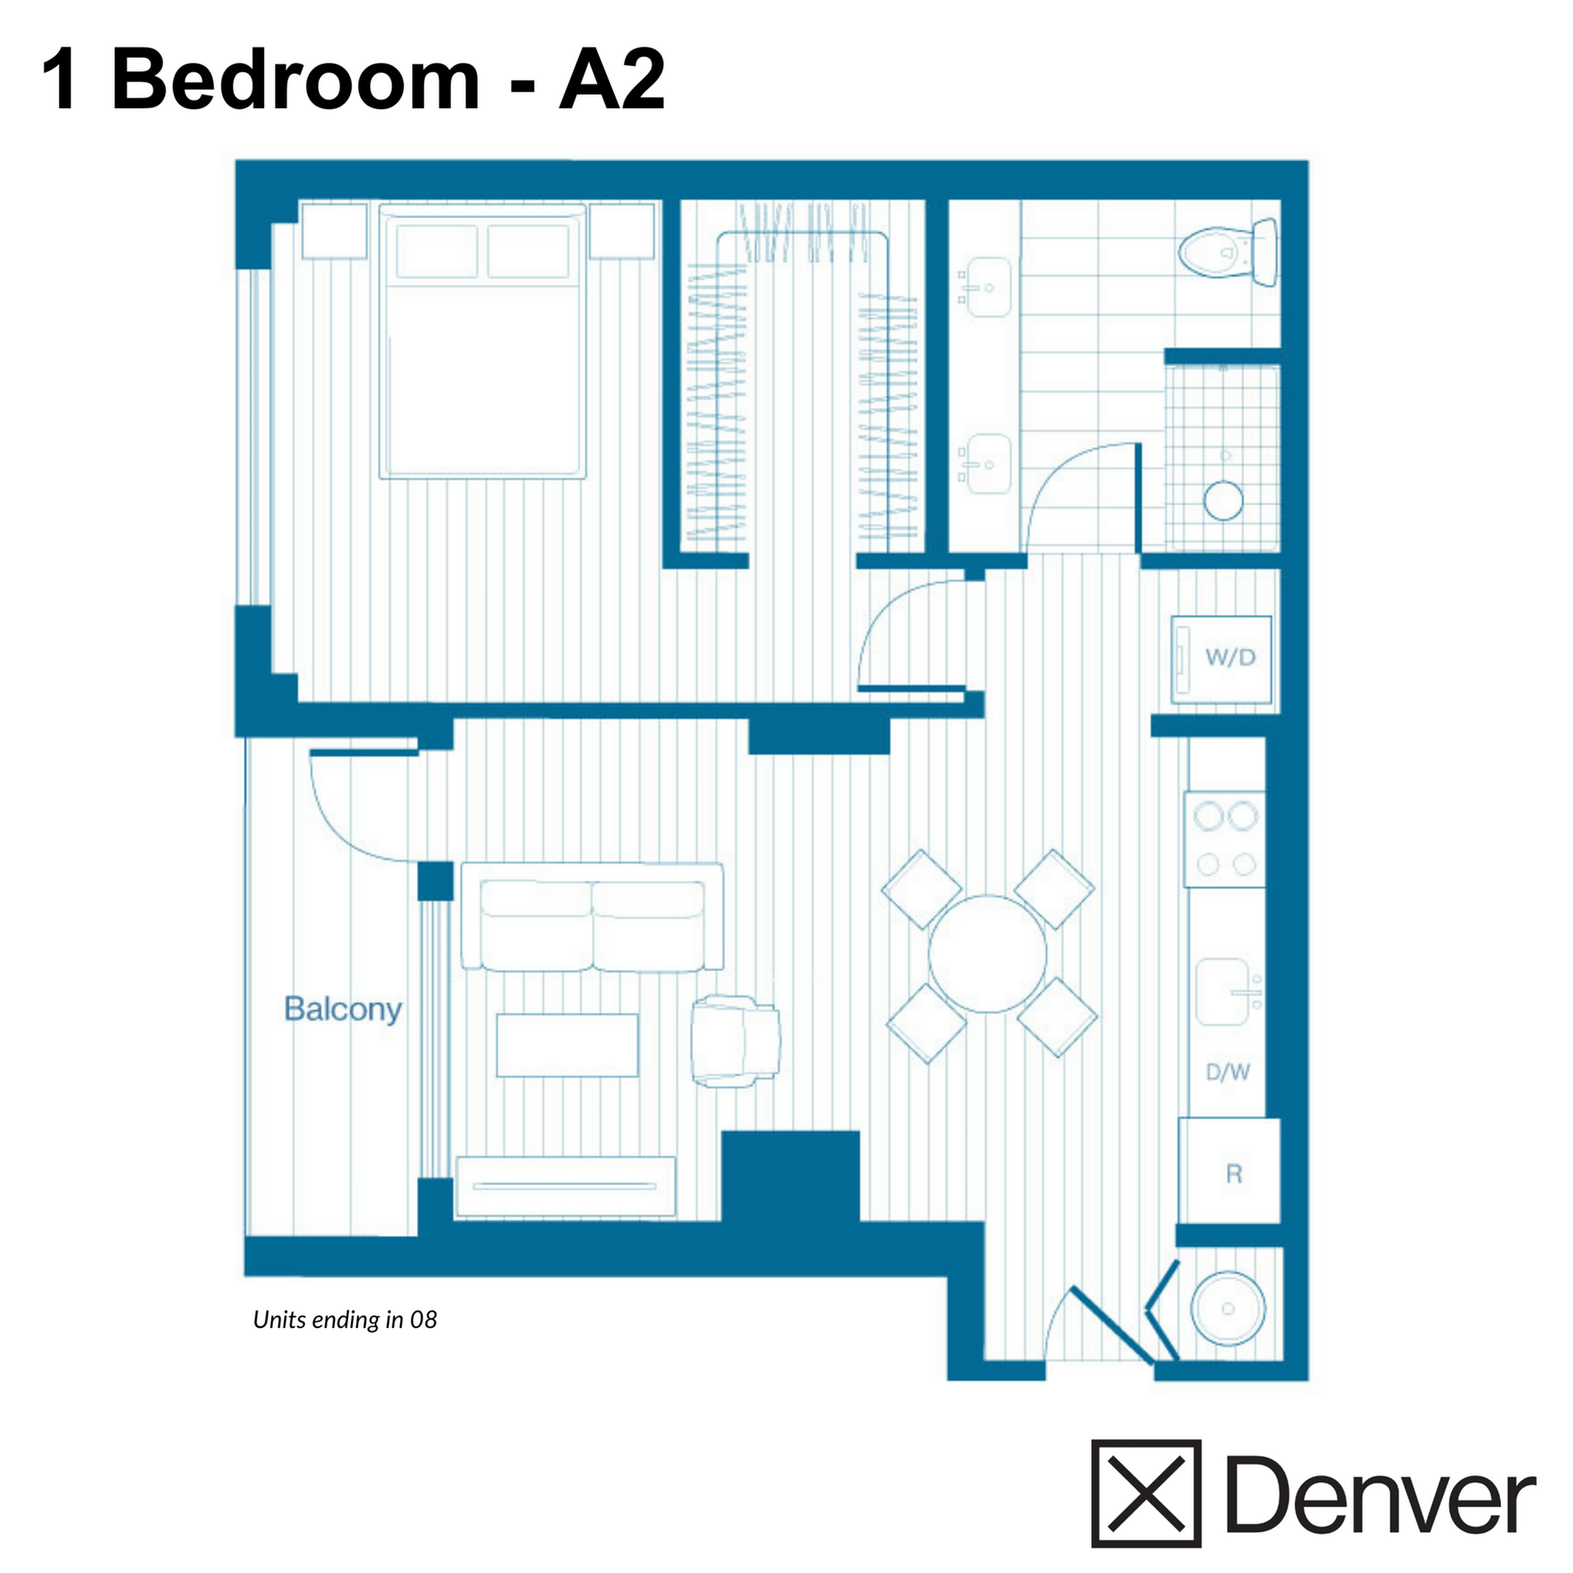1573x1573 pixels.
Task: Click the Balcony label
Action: point(343,1009)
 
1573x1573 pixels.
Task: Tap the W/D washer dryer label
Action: point(1230,656)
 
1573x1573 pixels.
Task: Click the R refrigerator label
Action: point(1234,1174)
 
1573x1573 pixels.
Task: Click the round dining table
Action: point(987,953)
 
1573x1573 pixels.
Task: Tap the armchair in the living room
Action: point(734,1041)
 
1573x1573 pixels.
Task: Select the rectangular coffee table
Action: point(568,1045)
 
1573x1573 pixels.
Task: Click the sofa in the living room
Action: point(592,918)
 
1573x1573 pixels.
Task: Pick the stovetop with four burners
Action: point(1224,839)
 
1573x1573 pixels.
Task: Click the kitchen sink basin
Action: point(1224,992)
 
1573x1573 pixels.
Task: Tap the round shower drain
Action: point(1223,500)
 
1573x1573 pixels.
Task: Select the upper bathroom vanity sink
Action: point(988,287)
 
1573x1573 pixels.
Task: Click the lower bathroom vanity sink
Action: point(988,464)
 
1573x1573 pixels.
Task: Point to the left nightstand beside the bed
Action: point(334,231)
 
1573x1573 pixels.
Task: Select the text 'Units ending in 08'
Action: point(344,1320)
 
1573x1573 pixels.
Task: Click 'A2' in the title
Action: point(612,79)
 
